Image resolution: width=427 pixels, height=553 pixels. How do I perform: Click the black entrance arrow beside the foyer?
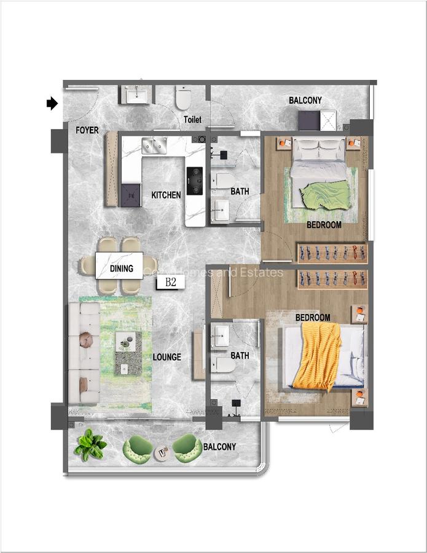pyautogui.click(x=52, y=104)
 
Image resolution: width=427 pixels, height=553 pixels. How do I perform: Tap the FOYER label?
pyautogui.click(x=87, y=130)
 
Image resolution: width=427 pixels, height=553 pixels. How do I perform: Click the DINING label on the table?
pyautogui.click(x=121, y=269)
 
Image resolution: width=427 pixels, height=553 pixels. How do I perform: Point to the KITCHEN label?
pyautogui.click(x=166, y=195)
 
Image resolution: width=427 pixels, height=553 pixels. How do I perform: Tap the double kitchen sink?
pyautogui.click(x=155, y=146)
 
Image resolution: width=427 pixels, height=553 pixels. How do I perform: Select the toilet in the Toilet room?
pyautogui.click(x=184, y=98)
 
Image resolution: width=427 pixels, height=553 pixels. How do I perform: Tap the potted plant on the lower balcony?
pyautogui.click(x=90, y=445)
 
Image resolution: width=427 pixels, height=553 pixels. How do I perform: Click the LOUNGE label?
pyautogui.click(x=166, y=357)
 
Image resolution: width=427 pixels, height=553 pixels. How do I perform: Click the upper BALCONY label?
pyautogui.click(x=305, y=101)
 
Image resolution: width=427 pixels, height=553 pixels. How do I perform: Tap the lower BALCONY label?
pyautogui.click(x=219, y=447)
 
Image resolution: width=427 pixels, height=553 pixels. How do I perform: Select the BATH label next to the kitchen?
pyautogui.click(x=240, y=192)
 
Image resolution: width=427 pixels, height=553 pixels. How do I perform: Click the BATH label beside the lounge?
pyautogui.click(x=240, y=355)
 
